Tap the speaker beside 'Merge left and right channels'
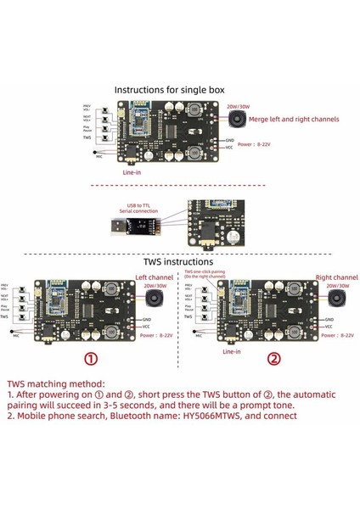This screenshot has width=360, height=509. pos(238,122)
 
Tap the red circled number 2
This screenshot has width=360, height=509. pos(273,358)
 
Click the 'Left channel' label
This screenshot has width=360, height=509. pos(154,277)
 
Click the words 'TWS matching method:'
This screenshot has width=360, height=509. pos(68,383)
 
